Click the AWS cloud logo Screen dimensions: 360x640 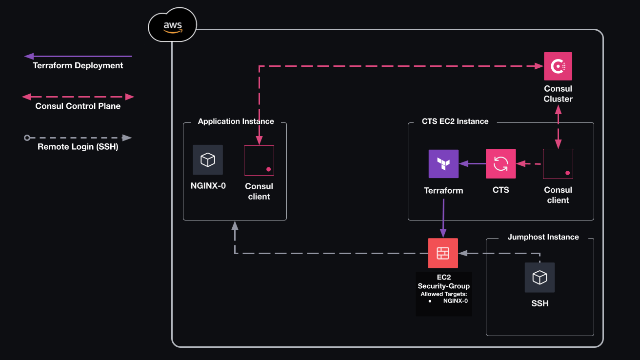(x=173, y=25)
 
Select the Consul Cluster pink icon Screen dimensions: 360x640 (x=558, y=66)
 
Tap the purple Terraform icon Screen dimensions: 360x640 (x=443, y=163)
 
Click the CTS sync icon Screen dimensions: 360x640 (x=500, y=163)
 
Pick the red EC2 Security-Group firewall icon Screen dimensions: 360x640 (x=443, y=253)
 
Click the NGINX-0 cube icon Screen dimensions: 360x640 (x=208, y=160)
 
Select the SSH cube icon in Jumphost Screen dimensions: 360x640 (x=540, y=278)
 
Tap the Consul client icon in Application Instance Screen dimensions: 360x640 (x=259, y=160)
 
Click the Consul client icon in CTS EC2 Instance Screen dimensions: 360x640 (x=558, y=164)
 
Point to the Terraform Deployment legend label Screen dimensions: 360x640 (x=78, y=65)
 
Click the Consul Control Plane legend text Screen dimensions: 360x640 (x=78, y=106)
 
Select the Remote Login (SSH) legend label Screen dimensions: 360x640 (x=78, y=146)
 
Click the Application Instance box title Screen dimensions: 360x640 (x=236, y=121)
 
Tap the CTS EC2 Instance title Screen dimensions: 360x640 (x=455, y=121)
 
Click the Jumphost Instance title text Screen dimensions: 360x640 (x=543, y=237)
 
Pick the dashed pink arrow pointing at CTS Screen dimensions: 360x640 (x=529, y=164)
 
